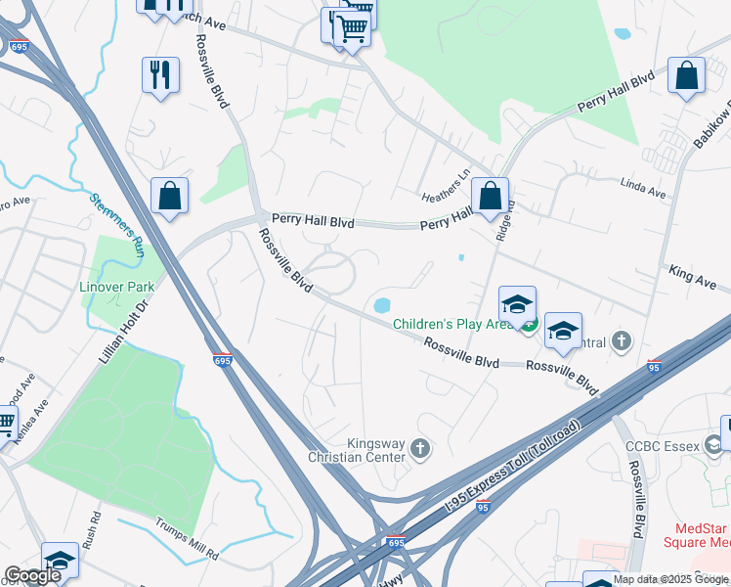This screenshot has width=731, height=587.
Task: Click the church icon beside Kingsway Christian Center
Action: [421, 449]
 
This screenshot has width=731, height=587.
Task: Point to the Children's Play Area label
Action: [453, 324]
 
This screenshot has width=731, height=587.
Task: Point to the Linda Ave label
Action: [644, 189]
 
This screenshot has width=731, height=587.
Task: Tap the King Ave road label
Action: [693, 280]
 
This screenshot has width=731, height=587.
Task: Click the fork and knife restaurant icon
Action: [160, 74]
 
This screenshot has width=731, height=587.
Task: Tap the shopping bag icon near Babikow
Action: [687, 76]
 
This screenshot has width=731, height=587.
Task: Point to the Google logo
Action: [32, 575]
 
